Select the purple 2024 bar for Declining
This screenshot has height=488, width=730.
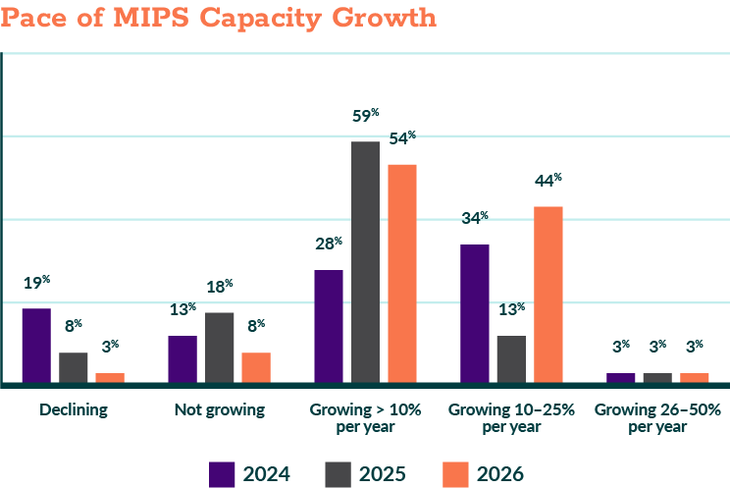pyautogui.click(x=36, y=345)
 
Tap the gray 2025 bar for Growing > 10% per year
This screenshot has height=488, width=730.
pyautogui.click(x=366, y=261)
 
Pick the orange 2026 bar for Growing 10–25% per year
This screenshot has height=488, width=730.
pyautogui.click(x=548, y=294)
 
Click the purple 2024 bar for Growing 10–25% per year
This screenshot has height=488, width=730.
pyautogui.click(x=475, y=312)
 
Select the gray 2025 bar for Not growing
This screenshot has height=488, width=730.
pyautogui.click(x=220, y=347)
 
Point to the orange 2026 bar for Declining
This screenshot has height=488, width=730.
pyautogui.click(x=110, y=377)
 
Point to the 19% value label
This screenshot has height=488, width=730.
pyautogui.click(x=36, y=283)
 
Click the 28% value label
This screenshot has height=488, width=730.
pyautogui.click(x=329, y=244)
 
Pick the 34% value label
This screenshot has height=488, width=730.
pyautogui.click(x=475, y=218)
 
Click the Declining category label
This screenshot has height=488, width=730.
pyautogui.click(x=74, y=409)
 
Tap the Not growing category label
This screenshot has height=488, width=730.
pyautogui.click(x=220, y=409)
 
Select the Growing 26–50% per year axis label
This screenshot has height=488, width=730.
pyautogui.click(x=658, y=417)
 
